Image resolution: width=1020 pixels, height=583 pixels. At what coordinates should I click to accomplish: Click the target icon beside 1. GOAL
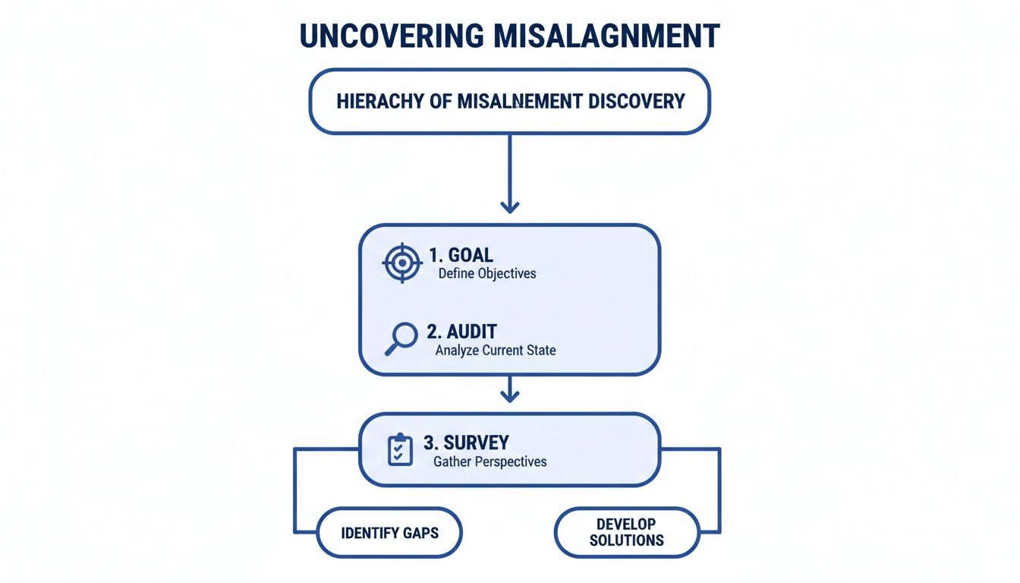point(401,263)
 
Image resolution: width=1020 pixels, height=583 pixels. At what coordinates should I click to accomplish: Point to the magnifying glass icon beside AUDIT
point(401,339)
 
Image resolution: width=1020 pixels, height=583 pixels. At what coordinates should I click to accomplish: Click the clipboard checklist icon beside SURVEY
point(400,449)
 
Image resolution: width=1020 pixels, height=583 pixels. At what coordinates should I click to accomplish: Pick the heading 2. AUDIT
point(462,332)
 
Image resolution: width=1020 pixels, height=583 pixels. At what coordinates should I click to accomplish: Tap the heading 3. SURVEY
point(466,442)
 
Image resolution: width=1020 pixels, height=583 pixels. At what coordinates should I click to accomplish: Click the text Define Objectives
point(487,274)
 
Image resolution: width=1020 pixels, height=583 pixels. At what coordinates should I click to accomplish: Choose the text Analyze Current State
point(496,351)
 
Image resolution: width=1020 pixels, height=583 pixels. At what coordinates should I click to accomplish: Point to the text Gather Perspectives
point(490,462)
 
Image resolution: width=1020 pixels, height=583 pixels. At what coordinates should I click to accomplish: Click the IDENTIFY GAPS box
point(389,532)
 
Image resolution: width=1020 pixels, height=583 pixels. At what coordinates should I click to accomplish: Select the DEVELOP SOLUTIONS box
point(626,532)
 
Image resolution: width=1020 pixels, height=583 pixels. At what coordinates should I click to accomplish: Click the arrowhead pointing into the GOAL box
point(510,206)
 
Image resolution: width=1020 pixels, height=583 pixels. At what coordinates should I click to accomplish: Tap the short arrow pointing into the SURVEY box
point(510,394)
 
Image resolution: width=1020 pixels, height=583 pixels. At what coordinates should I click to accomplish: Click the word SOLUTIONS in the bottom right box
point(626,540)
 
